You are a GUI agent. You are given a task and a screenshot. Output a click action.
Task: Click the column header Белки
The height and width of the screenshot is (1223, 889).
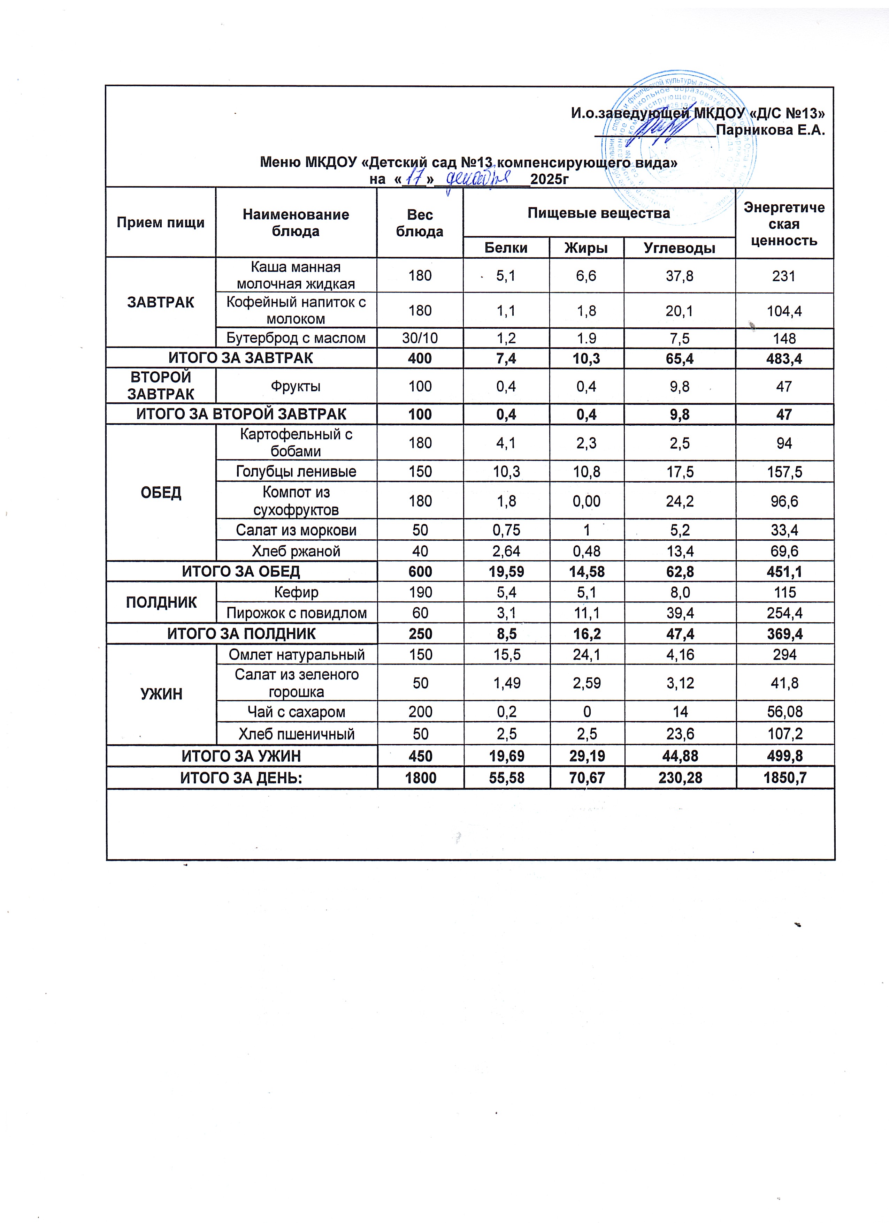tap(506, 248)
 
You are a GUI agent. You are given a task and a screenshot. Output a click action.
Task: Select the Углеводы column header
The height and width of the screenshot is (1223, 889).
tap(680, 248)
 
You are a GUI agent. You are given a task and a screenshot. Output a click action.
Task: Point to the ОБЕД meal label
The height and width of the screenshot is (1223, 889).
tap(161, 492)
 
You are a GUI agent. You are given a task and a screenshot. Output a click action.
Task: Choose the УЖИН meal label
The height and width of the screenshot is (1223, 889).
tap(161, 694)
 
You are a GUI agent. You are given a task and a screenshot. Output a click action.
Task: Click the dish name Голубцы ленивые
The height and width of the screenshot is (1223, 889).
tap(296, 472)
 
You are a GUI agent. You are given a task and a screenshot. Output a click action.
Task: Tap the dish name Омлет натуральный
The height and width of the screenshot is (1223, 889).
tap(296, 655)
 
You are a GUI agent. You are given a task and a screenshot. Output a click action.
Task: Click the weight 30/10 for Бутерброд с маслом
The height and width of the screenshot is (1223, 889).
tap(420, 338)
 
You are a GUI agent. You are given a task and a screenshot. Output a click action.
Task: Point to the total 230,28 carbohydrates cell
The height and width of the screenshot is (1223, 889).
tap(680, 777)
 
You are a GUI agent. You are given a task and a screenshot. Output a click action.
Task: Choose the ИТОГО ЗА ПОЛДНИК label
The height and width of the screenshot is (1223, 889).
tap(242, 633)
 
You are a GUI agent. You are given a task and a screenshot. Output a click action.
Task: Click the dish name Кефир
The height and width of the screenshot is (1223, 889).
tap(296, 592)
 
